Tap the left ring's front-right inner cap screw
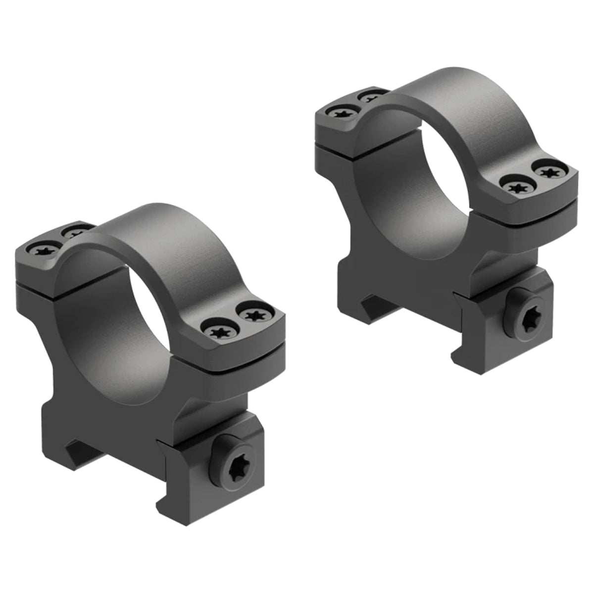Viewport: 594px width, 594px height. click(x=217, y=330)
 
